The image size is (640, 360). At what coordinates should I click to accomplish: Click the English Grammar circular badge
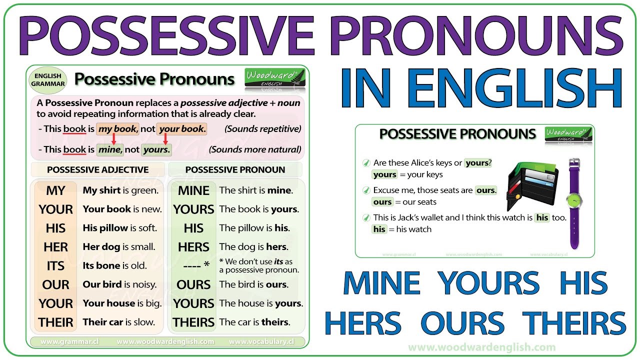(48, 80)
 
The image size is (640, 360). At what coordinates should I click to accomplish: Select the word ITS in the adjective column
(56, 266)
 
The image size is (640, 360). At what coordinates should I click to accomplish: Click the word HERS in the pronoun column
(193, 247)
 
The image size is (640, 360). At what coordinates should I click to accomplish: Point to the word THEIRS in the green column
(193, 322)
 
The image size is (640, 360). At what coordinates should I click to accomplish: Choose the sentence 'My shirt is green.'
(120, 190)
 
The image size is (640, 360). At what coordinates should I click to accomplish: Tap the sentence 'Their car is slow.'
(119, 322)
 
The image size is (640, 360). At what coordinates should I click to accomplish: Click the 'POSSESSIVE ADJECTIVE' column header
(98, 170)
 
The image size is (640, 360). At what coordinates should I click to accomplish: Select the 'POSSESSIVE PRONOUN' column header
(235, 170)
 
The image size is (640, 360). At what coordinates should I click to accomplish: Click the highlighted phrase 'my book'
(117, 129)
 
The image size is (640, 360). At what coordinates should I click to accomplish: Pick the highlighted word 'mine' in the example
(109, 149)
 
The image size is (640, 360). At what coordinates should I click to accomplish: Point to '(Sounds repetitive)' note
(263, 129)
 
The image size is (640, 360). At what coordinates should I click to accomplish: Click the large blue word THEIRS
(574, 323)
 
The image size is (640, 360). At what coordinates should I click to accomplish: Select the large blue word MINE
(381, 283)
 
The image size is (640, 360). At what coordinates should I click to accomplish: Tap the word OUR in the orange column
(56, 285)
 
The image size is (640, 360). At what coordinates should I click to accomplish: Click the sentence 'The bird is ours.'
(253, 285)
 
